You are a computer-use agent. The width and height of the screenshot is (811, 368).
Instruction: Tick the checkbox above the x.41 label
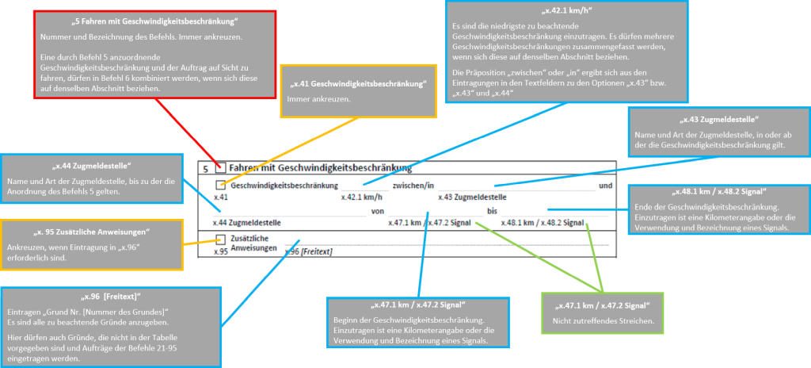[221, 185]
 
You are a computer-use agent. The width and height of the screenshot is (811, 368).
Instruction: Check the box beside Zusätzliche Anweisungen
[221, 239]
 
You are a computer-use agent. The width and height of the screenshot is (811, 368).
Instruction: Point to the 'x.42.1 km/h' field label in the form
[362, 197]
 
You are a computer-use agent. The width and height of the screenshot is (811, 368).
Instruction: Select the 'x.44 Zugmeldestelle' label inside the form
[248, 223]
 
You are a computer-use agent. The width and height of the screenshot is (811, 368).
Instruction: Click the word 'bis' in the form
[492, 211]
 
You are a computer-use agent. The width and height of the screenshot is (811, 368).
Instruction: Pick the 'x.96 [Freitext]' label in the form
[307, 251]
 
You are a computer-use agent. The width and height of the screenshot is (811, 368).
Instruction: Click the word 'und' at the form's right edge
[605, 186]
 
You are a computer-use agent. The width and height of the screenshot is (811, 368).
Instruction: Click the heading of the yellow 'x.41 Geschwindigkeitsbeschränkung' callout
[359, 83]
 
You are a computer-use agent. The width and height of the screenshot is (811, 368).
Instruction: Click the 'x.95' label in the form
[222, 251]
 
